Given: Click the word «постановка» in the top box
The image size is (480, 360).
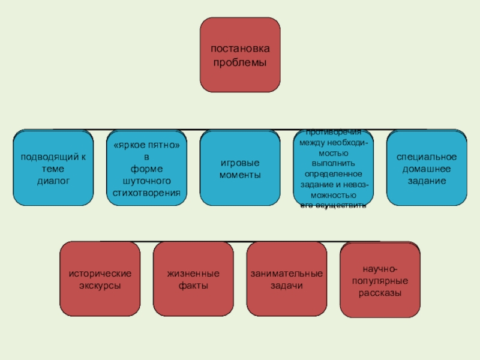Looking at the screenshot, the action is coord(239,48).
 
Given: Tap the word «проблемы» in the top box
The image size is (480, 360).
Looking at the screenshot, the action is coord(239,61).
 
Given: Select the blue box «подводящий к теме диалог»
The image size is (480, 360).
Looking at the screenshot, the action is coord(53,168).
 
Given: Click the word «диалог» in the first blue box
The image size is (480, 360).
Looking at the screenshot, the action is coord(53,179).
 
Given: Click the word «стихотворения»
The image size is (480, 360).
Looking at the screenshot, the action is coord(146,192).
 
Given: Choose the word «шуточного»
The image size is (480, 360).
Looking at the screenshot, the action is coord(146,181).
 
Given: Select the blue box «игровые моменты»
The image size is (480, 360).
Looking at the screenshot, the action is coord(240,168).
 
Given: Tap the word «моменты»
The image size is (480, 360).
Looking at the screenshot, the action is coord(240,175).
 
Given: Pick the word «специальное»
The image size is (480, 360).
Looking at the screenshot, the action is coord(427,157).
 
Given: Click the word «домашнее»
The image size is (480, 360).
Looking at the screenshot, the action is coord(427,169).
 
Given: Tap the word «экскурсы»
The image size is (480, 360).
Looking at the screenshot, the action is coord(100,286).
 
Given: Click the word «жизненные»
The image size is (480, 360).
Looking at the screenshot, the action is coord(193,274).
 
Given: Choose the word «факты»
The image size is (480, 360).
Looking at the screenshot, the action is coord(193,286).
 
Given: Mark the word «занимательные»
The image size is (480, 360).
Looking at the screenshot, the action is coord(286,274).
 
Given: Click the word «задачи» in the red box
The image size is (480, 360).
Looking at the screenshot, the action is coord(286,286).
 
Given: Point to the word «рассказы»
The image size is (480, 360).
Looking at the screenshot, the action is coord(380,293).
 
